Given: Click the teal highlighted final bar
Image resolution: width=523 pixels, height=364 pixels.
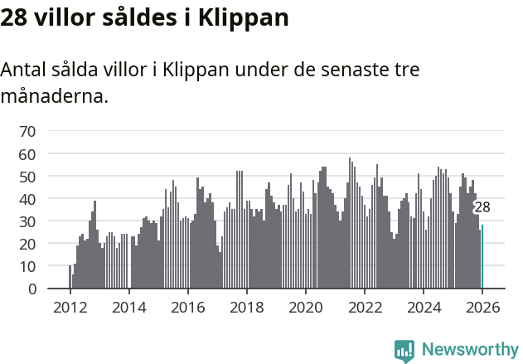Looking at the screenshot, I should click(x=482, y=257).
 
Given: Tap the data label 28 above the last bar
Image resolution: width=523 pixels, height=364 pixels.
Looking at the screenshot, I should click(x=482, y=207).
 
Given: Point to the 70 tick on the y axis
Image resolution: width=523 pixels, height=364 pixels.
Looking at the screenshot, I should click(x=27, y=131).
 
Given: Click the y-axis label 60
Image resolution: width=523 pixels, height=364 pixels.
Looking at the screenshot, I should click(x=27, y=154).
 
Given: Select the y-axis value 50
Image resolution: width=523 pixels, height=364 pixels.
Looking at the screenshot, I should click(x=27, y=177).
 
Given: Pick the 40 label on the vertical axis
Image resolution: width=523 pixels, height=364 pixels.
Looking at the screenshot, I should click(x=27, y=199).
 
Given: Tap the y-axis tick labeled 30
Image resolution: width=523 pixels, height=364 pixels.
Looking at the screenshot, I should click(x=27, y=221).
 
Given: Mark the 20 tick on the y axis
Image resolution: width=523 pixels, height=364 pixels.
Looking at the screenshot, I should click(x=27, y=244).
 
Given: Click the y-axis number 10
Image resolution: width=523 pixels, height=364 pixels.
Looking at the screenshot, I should click(x=27, y=266).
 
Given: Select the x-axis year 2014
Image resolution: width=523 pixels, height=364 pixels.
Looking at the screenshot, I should click(x=128, y=308).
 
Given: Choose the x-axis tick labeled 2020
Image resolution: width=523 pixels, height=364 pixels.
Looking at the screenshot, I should click(x=306, y=308).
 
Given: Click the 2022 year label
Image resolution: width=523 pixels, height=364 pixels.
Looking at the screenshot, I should click(x=365, y=308).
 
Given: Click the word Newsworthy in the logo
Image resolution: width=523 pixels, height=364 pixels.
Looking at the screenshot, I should click(x=469, y=349).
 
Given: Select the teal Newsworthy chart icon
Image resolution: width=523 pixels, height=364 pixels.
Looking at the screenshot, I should click(x=404, y=351).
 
